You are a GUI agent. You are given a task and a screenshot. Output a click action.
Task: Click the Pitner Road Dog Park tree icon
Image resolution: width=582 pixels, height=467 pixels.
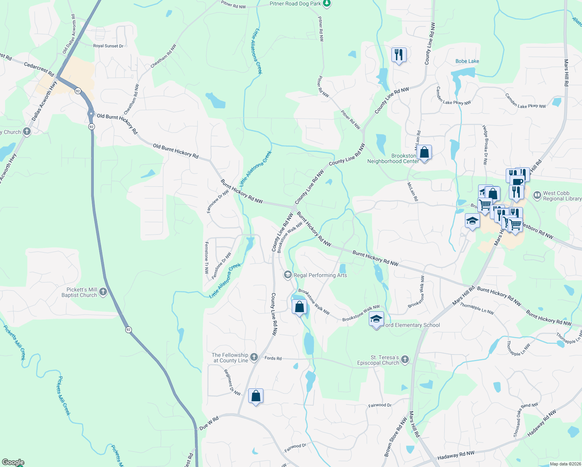327,4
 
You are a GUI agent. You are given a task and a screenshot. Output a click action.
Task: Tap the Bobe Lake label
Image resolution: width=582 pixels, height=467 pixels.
467,61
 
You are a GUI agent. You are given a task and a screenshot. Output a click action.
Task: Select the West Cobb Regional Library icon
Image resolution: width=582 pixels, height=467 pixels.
537,195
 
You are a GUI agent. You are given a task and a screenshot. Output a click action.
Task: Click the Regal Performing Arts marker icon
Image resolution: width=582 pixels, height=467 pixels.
287,275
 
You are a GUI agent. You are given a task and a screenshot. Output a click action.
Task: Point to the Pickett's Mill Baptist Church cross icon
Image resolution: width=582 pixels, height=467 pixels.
103,292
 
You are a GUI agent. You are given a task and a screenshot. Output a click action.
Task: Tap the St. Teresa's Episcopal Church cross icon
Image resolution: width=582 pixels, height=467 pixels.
405,360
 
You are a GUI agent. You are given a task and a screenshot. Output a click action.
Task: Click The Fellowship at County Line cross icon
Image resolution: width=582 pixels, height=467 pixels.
254,357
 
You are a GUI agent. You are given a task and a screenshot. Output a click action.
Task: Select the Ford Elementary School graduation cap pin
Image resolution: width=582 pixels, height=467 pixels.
376,320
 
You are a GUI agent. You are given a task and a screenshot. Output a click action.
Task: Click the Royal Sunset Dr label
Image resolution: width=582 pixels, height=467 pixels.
108,46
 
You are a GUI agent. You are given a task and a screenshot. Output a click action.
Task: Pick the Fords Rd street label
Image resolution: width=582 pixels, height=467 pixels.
273,358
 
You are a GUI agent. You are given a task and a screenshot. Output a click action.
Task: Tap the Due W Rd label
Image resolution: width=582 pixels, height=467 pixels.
209,423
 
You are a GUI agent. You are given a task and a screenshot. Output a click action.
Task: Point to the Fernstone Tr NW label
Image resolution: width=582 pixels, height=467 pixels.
206,257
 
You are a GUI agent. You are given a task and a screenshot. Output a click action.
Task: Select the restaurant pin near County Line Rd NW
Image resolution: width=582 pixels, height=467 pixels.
399,54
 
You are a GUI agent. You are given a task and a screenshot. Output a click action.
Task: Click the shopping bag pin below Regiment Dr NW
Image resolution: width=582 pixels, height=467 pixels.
256,396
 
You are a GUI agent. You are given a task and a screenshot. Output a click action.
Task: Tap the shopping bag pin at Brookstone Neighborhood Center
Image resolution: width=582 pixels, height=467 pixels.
424,153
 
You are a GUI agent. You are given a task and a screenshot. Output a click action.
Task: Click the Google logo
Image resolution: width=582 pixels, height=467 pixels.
13,462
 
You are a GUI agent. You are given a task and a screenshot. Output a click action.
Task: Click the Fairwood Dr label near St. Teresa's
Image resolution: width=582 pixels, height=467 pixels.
380,405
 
